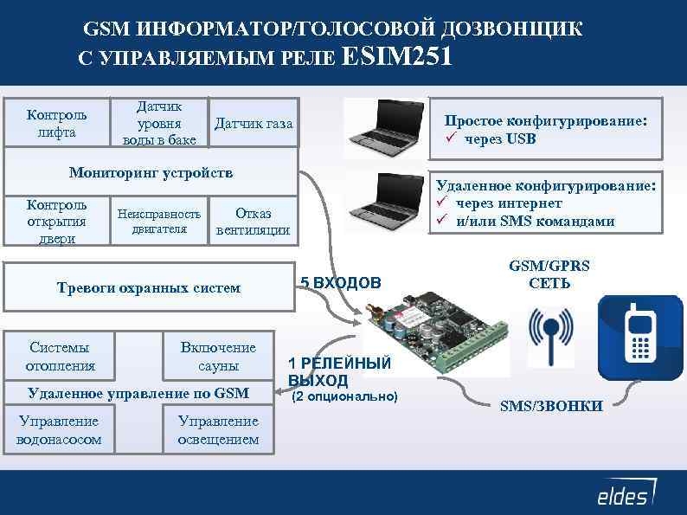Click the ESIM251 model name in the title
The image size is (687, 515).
(x=397, y=57)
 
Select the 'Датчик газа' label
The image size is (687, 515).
(x=254, y=124)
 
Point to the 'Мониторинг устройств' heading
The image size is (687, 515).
(x=151, y=172)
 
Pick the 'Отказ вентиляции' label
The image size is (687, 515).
(x=253, y=222)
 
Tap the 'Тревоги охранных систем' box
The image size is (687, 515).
(x=148, y=287)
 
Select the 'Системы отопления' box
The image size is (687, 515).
(x=60, y=356)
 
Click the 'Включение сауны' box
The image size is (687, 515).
(x=218, y=356)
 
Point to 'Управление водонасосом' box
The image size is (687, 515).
(x=59, y=430)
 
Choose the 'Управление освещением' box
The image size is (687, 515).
(x=218, y=430)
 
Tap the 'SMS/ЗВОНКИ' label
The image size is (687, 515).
(x=551, y=406)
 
